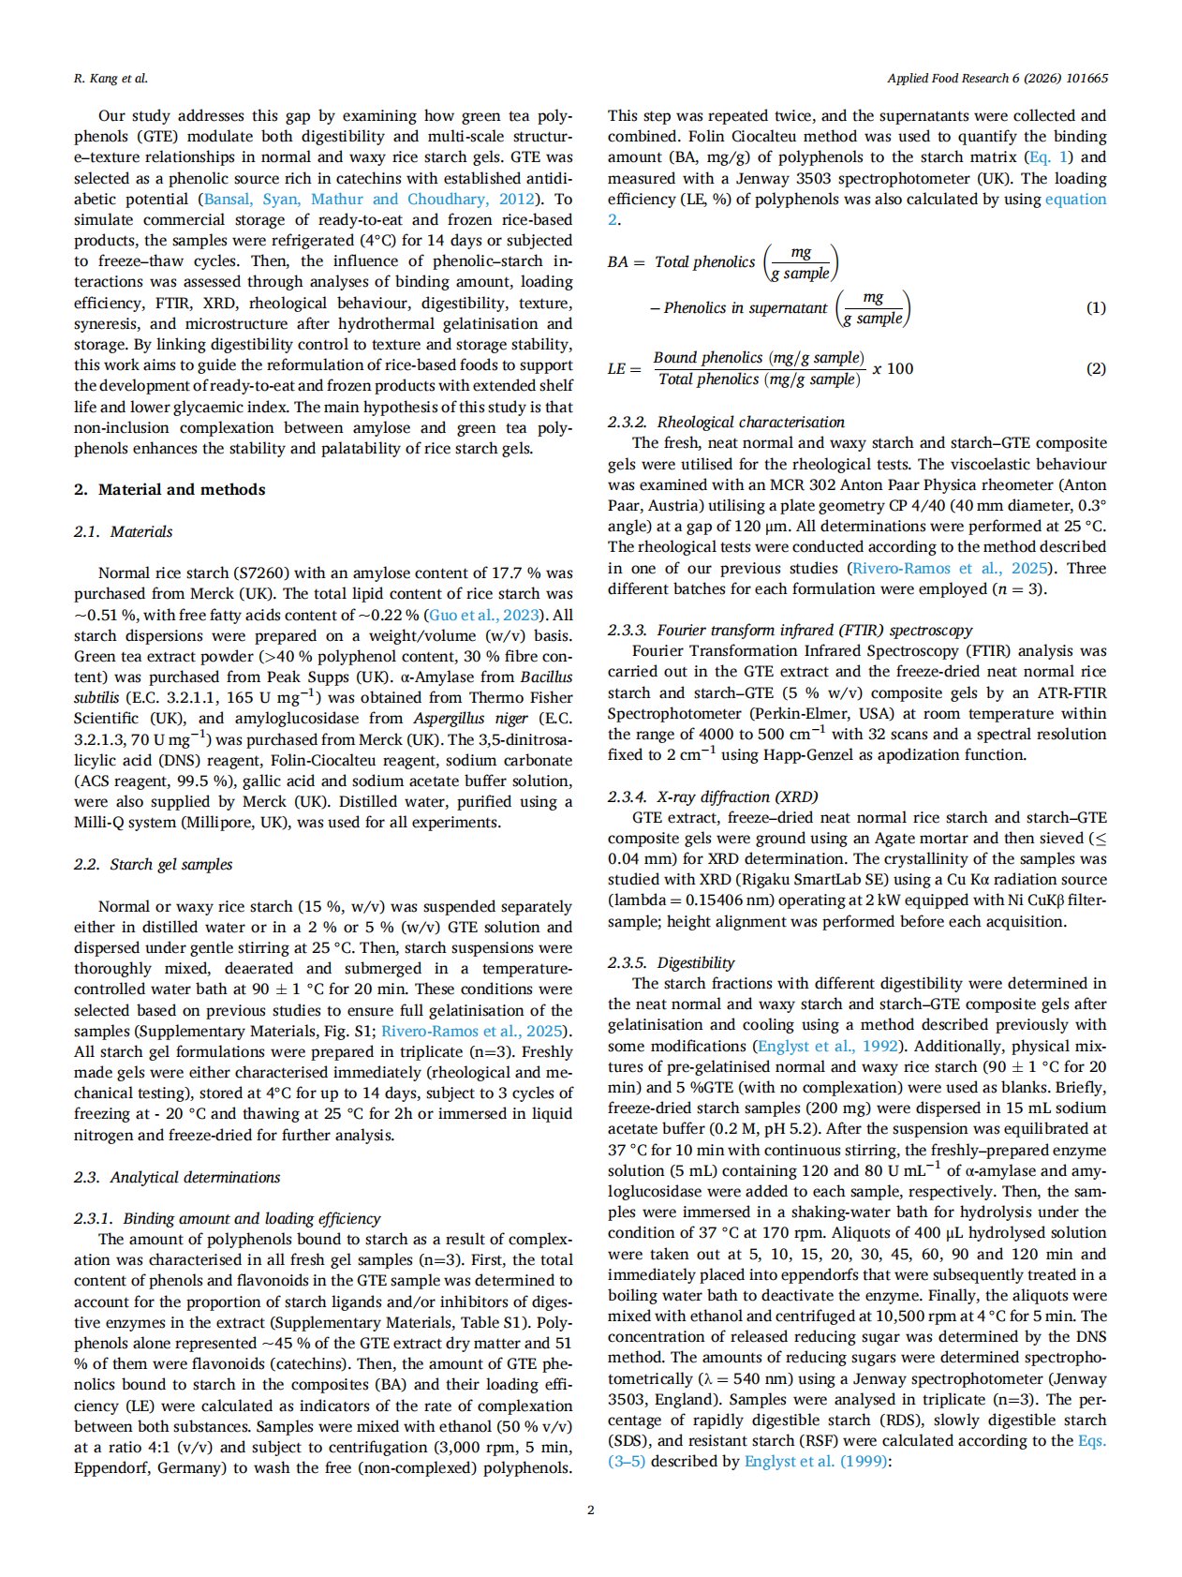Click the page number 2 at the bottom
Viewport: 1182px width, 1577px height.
(590, 1510)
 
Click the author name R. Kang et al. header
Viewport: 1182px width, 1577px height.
(111, 79)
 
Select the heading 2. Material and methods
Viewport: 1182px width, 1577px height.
(170, 489)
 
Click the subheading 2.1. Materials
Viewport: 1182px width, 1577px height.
(123, 531)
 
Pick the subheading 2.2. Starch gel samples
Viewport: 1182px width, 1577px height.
(153, 864)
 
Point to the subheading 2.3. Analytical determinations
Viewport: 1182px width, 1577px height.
(177, 1177)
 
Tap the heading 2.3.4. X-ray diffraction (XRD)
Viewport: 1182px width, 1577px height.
(713, 796)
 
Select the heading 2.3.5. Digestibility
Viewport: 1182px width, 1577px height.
(671, 962)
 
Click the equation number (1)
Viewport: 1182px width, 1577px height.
(1095, 307)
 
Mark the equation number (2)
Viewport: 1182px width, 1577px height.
(1095, 368)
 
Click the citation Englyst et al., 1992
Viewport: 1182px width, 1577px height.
(828, 1046)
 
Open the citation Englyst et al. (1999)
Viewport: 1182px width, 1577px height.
(814, 1461)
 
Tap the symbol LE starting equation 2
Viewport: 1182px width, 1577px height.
(616, 369)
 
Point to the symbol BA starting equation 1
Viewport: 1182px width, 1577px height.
(617, 262)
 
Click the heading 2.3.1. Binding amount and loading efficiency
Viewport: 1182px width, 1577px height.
(227, 1218)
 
